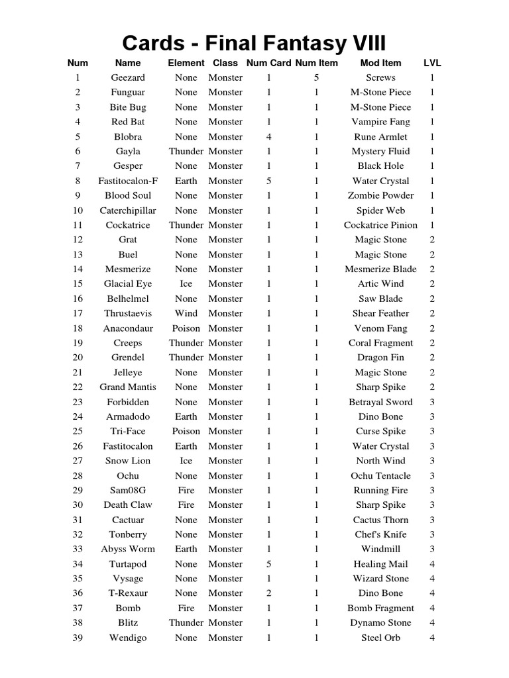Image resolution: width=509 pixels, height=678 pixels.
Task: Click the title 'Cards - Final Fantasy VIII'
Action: point(254,44)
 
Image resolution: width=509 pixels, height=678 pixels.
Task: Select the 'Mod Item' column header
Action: point(380,63)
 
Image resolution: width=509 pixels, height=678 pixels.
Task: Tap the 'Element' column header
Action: point(186,63)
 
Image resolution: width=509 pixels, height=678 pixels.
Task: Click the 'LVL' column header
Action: point(432,63)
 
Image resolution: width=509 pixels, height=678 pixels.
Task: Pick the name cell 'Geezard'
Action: point(127,77)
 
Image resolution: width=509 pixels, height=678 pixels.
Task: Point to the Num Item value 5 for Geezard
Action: point(316,77)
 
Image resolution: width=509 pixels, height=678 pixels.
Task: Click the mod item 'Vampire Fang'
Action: point(380,122)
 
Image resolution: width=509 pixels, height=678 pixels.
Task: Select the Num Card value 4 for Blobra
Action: point(268,136)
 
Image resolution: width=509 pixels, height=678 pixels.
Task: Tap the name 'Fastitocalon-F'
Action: point(127,181)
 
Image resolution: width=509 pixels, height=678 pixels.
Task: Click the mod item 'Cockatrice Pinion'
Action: point(380,225)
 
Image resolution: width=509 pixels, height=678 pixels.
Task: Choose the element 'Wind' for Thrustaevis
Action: point(186,313)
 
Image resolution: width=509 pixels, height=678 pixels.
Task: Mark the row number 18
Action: point(78,328)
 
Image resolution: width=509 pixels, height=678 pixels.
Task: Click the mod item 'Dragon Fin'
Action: point(380,358)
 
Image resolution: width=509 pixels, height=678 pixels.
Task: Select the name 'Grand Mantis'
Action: point(127,387)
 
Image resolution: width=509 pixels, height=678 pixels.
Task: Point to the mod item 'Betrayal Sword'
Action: point(380,402)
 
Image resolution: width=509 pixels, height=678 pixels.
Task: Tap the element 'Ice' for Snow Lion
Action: point(186,461)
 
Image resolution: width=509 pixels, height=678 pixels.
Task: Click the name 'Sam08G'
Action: point(127,491)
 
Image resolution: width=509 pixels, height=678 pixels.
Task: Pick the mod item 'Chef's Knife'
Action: point(380,534)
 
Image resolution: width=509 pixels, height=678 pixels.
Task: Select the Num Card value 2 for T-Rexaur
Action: point(268,593)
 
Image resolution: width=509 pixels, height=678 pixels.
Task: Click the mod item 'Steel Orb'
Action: point(380,638)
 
